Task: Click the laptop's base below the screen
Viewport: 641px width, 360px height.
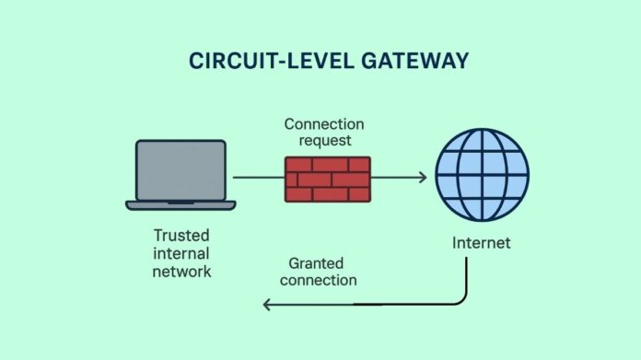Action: (181, 204)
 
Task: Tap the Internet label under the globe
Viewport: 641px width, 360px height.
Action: (481, 244)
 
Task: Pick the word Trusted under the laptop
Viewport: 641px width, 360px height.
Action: (181, 235)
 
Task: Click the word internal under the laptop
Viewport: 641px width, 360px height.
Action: (181, 253)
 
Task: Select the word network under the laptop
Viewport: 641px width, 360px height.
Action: (181, 272)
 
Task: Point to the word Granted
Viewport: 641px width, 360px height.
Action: (316, 261)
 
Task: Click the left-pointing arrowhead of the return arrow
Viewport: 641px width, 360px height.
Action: (267, 303)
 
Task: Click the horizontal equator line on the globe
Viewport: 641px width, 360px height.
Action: (482, 174)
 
